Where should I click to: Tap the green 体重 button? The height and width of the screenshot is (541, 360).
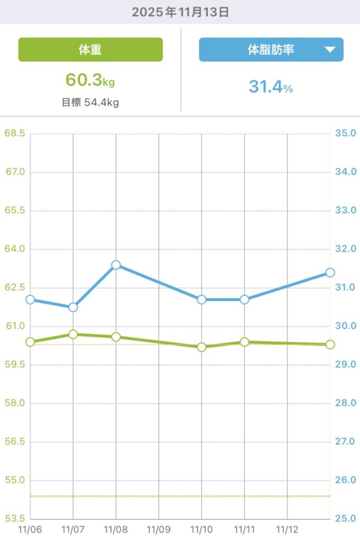[90, 50]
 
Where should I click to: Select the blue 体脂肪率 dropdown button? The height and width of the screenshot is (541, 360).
[271, 50]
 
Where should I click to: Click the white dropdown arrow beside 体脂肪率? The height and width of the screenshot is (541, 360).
[330, 50]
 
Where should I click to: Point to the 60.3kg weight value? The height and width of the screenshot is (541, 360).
[90, 80]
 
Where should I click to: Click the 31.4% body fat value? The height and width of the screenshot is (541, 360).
[271, 87]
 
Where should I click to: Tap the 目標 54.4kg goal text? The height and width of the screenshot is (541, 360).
[90, 102]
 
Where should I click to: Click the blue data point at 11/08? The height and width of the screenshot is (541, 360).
[116, 265]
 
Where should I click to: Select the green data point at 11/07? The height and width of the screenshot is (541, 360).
[73, 334]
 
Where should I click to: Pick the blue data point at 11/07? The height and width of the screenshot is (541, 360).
[73, 307]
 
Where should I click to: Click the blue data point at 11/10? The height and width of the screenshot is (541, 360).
[201, 300]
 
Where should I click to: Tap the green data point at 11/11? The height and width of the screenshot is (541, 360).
[244, 342]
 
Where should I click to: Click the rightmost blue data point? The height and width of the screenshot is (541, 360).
[330, 273]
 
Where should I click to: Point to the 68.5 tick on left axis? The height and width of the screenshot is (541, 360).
[15, 133]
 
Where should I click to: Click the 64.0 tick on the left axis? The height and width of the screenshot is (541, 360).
[15, 249]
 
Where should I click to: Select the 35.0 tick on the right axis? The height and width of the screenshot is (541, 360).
[346, 133]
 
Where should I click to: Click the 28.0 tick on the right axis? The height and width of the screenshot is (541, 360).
[346, 403]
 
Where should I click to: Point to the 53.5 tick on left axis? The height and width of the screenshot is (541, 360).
[15, 519]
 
